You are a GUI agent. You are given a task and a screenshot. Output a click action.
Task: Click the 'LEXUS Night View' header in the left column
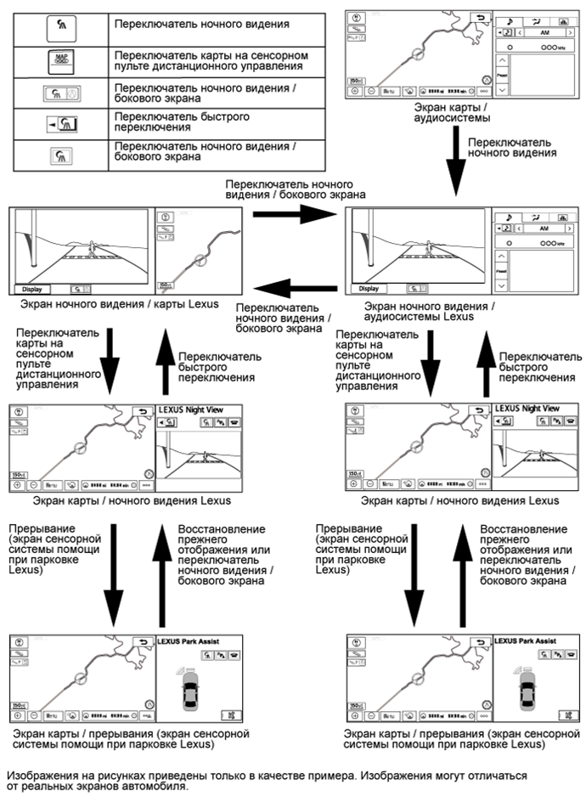click(192, 409)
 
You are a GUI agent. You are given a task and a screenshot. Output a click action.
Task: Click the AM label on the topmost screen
click(535, 33)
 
